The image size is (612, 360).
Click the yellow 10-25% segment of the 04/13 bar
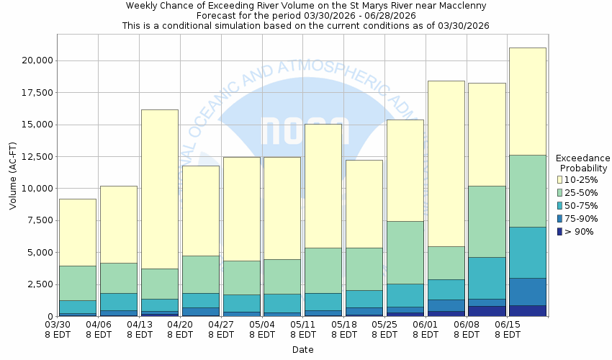click(158, 189)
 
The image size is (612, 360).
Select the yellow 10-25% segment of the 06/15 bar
click(527, 101)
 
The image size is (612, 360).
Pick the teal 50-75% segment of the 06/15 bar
click(527, 252)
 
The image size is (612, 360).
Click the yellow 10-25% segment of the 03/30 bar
click(77, 232)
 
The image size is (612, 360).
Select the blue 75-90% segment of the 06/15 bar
click(527, 292)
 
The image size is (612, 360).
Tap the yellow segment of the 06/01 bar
click(446, 163)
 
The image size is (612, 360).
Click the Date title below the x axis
click(302, 350)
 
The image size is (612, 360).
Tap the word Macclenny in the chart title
click(461, 6)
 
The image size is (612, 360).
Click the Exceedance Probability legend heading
click(582, 163)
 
